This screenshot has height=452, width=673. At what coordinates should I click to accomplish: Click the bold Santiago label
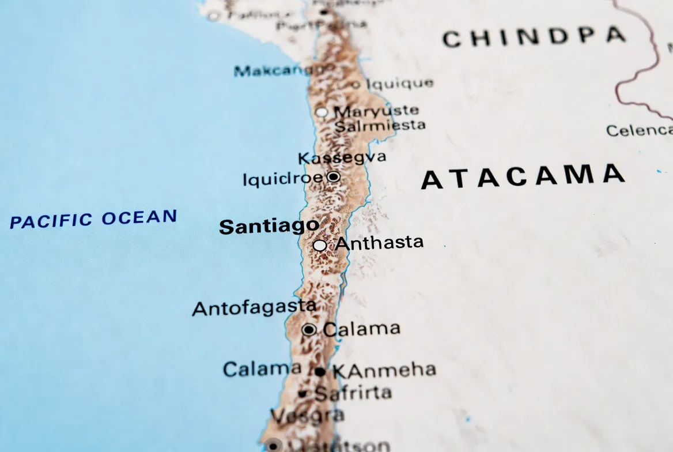tap(269, 226)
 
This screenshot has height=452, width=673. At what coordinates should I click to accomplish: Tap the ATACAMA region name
tap(523, 177)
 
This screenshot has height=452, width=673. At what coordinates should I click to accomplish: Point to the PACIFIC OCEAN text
tap(93, 219)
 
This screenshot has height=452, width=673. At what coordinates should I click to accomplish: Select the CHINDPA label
tap(534, 37)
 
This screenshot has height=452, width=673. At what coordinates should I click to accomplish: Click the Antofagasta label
tap(254, 308)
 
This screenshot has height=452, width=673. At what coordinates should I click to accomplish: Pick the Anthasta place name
tap(380, 243)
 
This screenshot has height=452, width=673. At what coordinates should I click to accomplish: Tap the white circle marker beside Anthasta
tap(320, 246)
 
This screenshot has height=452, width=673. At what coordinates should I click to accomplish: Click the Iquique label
tap(400, 84)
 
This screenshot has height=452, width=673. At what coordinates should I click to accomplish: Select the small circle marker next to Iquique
tap(356, 85)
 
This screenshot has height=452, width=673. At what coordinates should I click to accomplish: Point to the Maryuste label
tap(376, 111)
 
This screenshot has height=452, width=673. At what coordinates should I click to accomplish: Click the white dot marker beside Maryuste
tap(322, 112)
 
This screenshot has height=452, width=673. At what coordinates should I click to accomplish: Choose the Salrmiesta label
tap(380, 125)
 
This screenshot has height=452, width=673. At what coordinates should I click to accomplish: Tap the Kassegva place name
tap(342, 157)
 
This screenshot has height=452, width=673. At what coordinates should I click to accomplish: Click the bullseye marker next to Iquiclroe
tap(333, 177)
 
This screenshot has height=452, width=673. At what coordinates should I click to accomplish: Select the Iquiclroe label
tap(283, 179)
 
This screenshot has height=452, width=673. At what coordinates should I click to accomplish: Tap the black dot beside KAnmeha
tap(320, 372)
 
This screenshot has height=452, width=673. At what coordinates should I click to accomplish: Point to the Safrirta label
tap(353, 394)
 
